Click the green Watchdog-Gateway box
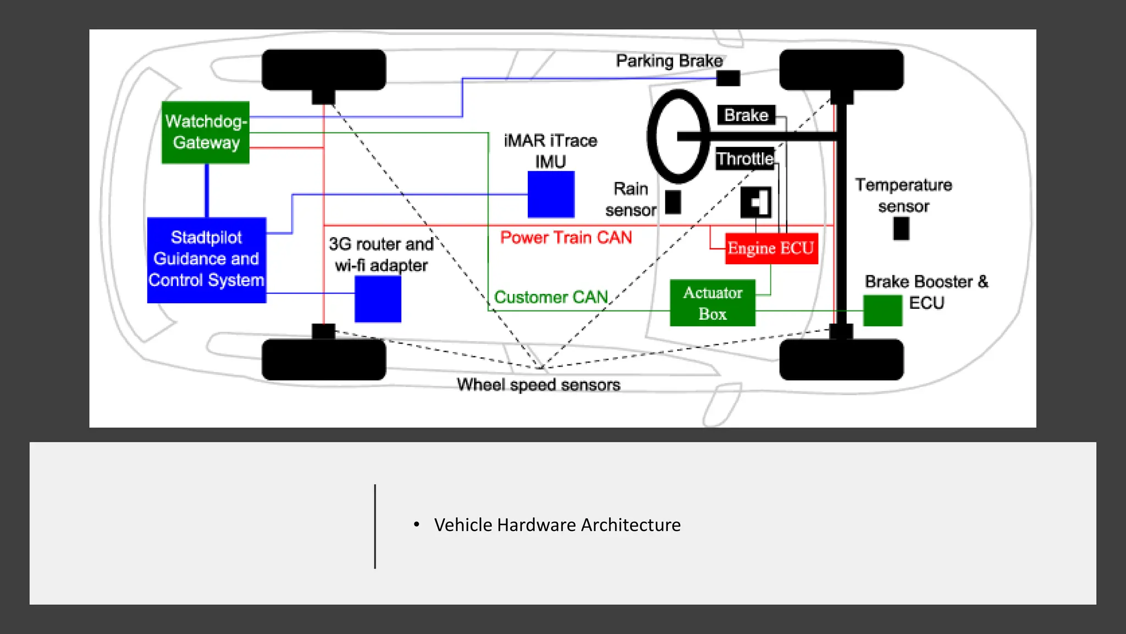click(x=206, y=132)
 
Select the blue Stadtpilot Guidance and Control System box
click(x=207, y=260)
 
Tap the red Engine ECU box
click(x=771, y=249)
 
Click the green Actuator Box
click(x=713, y=303)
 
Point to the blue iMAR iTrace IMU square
click(x=551, y=194)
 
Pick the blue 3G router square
click(x=378, y=299)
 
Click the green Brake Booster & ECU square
click(x=882, y=310)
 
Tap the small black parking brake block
click(x=728, y=78)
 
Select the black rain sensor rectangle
click(x=673, y=202)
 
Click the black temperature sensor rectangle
click(x=901, y=228)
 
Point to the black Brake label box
click(x=746, y=115)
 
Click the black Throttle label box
click(x=745, y=159)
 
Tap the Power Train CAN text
click(x=566, y=238)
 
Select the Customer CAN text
click(x=551, y=297)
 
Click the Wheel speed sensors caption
click(x=538, y=385)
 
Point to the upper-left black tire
click(x=324, y=69)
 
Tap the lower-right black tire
click(x=841, y=359)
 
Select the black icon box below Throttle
click(x=756, y=202)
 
